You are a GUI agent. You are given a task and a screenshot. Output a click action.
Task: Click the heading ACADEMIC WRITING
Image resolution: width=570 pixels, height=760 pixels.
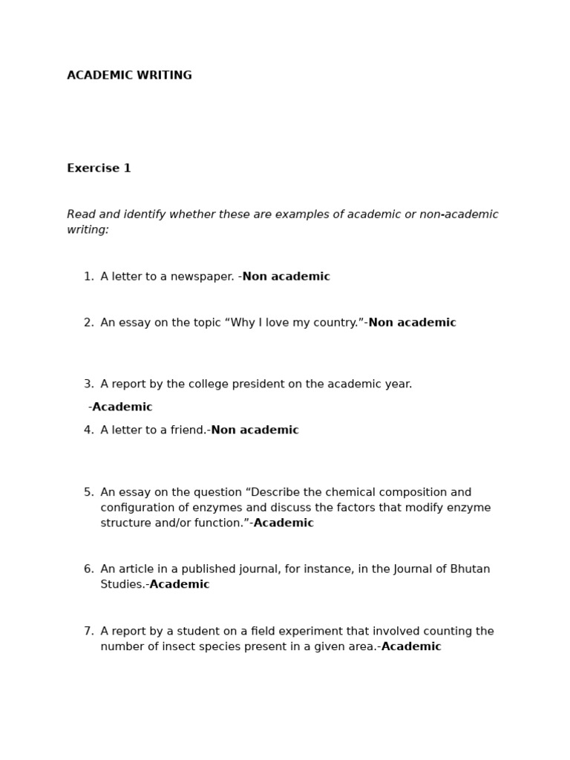pos(129,76)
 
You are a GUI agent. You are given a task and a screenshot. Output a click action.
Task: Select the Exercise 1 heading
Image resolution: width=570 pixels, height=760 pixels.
pos(99,168)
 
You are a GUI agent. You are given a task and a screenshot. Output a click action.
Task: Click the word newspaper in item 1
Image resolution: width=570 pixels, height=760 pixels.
pos(203,277)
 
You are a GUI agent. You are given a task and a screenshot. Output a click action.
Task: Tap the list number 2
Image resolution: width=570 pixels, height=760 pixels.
pos(88,323)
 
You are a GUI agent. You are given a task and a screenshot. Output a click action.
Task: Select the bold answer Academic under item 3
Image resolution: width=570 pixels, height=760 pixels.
pos(122,407)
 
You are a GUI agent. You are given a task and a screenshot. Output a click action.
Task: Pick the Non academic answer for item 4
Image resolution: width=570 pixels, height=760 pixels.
pos(255,430)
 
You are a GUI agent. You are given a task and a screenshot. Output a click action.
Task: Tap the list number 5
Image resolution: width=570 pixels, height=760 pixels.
pos(88,493)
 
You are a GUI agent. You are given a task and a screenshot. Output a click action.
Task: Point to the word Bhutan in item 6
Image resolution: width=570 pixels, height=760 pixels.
pos(471,569)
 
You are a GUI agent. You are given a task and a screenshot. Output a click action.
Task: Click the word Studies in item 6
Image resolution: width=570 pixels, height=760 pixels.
pos(121,585)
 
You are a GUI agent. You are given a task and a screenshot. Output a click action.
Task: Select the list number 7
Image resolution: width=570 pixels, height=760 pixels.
pos(88,632)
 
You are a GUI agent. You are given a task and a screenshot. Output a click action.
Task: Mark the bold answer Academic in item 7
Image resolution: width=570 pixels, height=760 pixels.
pos(411,647)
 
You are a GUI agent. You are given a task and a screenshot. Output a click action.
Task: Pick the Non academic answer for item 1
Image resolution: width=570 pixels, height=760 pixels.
pos(286,277)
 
